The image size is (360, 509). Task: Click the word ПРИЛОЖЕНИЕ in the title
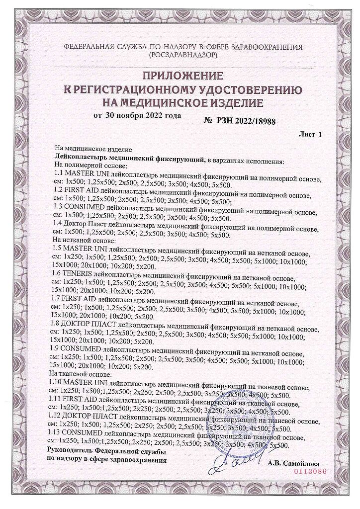[x=181, y=76]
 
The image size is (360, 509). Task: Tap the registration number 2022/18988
[x=254, y=120]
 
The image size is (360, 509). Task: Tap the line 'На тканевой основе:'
[x=81, y=373]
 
